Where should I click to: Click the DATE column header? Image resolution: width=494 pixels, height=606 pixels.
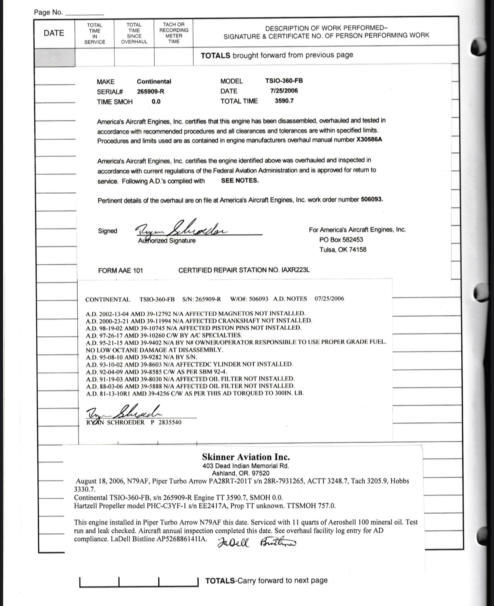(54, 33)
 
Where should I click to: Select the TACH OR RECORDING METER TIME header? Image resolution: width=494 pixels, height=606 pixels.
(174, 33)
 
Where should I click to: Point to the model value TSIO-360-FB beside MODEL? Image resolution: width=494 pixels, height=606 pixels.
(284, 81)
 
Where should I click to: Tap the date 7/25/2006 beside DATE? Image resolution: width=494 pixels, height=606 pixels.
(284, 91)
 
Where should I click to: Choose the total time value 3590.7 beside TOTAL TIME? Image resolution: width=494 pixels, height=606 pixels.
(284, 101)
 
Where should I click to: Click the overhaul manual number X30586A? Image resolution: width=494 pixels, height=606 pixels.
(369, 140)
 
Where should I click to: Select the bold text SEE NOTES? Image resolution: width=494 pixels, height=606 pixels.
(240, 180)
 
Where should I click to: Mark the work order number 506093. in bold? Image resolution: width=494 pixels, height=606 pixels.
(372, 199)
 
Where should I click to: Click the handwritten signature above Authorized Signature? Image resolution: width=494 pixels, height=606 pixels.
(181, 228)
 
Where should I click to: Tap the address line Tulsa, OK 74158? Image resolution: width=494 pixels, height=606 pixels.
(343, 249)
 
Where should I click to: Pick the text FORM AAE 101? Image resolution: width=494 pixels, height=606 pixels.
(120, 270)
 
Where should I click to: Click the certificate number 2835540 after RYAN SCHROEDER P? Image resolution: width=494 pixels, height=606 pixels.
(170, 422)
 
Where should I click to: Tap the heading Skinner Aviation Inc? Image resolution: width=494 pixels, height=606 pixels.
(246, 457)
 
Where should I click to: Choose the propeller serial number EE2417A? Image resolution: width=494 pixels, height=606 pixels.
(221, 506)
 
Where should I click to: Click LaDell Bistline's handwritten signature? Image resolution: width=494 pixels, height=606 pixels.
(257, 543)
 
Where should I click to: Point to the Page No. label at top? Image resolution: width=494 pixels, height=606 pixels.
(48, 12)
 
